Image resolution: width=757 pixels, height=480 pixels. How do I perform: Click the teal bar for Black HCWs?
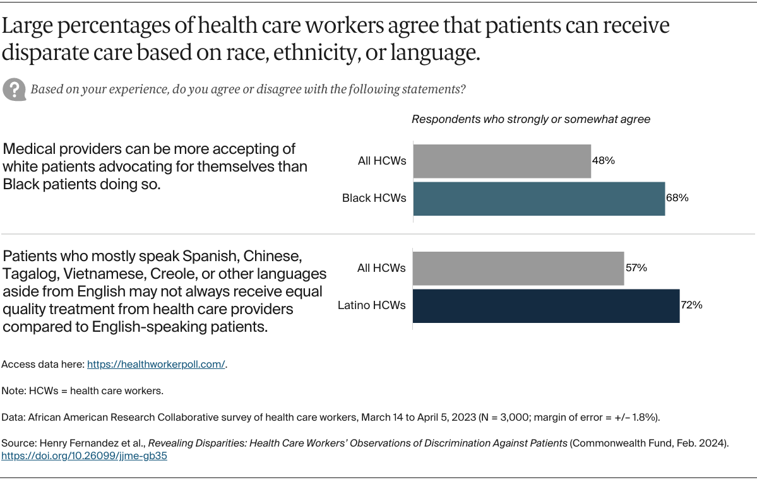[x=539, y=199]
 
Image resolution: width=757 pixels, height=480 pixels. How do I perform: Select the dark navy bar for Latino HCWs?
[x=546, y=306]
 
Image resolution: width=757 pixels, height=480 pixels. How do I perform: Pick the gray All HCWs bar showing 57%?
[x=518, y=268]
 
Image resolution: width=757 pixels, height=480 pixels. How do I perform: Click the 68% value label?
[x=677, y=198]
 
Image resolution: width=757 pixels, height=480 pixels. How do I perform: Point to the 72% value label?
[x=691, y=305]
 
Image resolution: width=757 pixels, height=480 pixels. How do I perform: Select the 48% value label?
[x=604, y=160]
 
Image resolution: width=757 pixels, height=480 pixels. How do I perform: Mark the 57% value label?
[x=636, y=267]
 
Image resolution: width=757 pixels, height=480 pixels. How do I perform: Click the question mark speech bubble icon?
[x=14, y=89]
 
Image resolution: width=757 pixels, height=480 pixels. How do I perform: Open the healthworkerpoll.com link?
[x=156, y=365]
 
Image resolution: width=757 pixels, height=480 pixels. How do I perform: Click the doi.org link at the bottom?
[x=84, y=456]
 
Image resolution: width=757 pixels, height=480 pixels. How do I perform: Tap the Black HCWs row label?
[x=374, y=198]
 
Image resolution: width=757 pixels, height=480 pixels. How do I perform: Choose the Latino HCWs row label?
[x=372, y=306]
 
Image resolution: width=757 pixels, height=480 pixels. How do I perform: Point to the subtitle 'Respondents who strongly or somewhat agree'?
[x=531, y=119]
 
